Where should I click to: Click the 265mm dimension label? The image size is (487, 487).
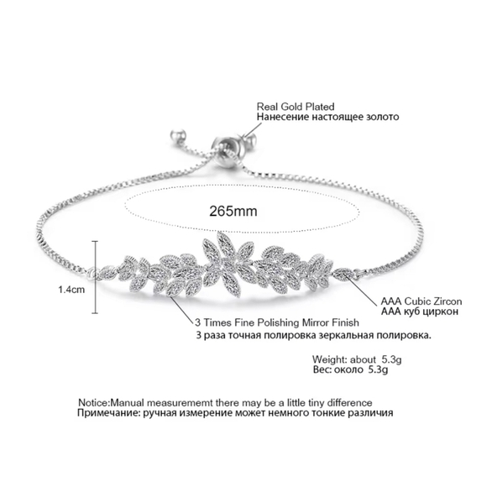tap(233, 212)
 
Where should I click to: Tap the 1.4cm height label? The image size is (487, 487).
tap(71, 290)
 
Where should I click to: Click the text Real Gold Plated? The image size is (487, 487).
tap(296, 107)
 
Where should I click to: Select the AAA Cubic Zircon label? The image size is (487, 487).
tap(422, 301)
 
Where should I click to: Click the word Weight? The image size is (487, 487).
tap(329, 359)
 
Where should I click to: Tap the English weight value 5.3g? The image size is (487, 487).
tap(391, 359)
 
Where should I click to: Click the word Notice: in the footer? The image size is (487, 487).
tap(94, 403)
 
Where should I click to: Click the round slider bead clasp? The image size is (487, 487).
tap(226, 144)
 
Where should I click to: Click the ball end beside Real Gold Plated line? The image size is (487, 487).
tap(250, 141)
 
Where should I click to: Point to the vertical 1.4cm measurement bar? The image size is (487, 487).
tap(96, 277)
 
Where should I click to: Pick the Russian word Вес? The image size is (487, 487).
tap(322, 370)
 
